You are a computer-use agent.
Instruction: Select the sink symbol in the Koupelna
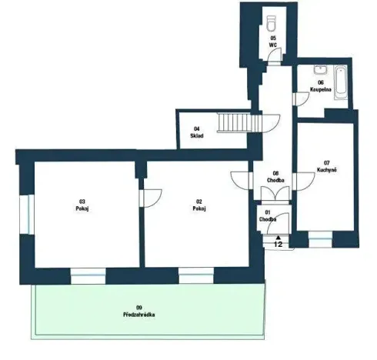(320, 68)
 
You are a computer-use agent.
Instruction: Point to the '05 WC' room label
(273, 41)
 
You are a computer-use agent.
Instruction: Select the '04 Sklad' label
(197, 133)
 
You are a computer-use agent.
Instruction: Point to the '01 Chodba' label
(269, 215)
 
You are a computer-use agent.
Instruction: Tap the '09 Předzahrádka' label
(139, 312)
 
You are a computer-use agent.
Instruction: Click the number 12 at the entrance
(279, 244)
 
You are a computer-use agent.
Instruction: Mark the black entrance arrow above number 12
(279, 236)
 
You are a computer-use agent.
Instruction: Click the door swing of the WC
(279, 56)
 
